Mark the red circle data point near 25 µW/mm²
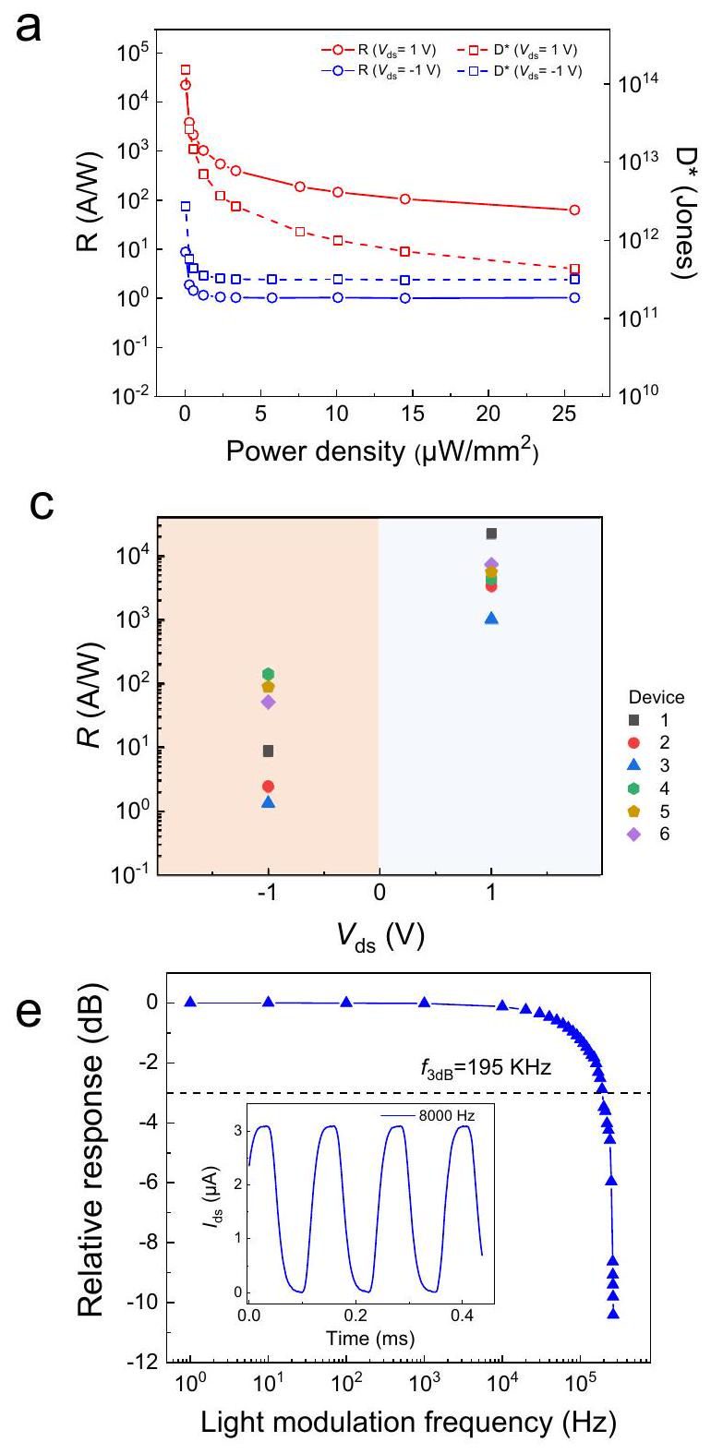pos(574,210)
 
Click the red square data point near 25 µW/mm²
pos(574,270)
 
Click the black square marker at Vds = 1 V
pos(491,534)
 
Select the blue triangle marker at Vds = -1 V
pos(269,801)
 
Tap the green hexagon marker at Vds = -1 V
pos(269,674)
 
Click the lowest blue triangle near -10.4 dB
pos(612,1314)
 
